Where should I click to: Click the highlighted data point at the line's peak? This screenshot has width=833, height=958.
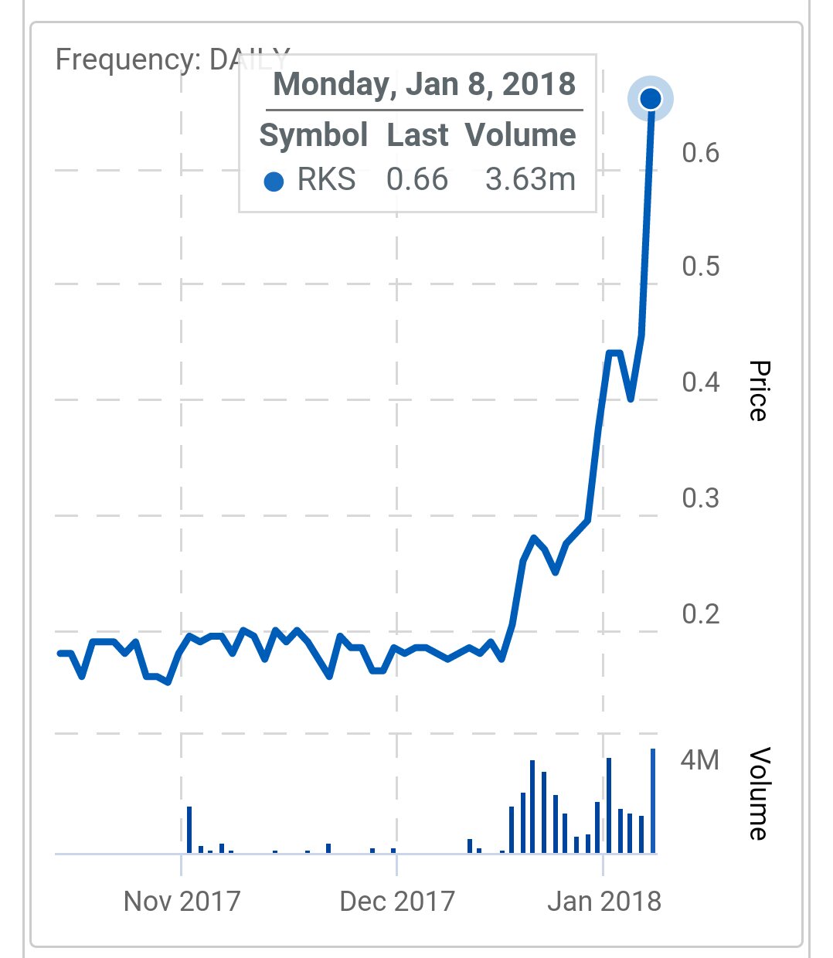point(651,99)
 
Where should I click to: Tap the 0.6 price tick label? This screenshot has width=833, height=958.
point(700,153)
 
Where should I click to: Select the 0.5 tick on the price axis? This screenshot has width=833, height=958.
point(700,267)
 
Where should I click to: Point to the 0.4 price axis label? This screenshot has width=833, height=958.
point(700,382)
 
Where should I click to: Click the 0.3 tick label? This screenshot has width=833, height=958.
point(700,498)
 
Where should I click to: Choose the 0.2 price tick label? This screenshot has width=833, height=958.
point(700,614)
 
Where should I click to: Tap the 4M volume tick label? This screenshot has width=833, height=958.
point(699,760)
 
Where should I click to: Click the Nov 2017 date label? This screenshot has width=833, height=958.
point(182,901)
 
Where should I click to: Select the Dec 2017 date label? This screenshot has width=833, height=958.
point(397,901)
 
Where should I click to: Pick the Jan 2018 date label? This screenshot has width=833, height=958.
point(604,901)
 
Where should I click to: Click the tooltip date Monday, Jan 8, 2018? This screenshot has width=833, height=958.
point(424,84)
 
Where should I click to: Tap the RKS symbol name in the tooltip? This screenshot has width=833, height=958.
point(326,180)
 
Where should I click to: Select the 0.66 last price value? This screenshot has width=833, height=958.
point(417,180)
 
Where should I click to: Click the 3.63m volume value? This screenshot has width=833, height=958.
point(530,180)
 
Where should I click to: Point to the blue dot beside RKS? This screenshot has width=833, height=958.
point(274,182)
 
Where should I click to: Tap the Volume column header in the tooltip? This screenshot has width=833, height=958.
point(521,135)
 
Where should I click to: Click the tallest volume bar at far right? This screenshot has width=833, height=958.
point(653,801)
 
